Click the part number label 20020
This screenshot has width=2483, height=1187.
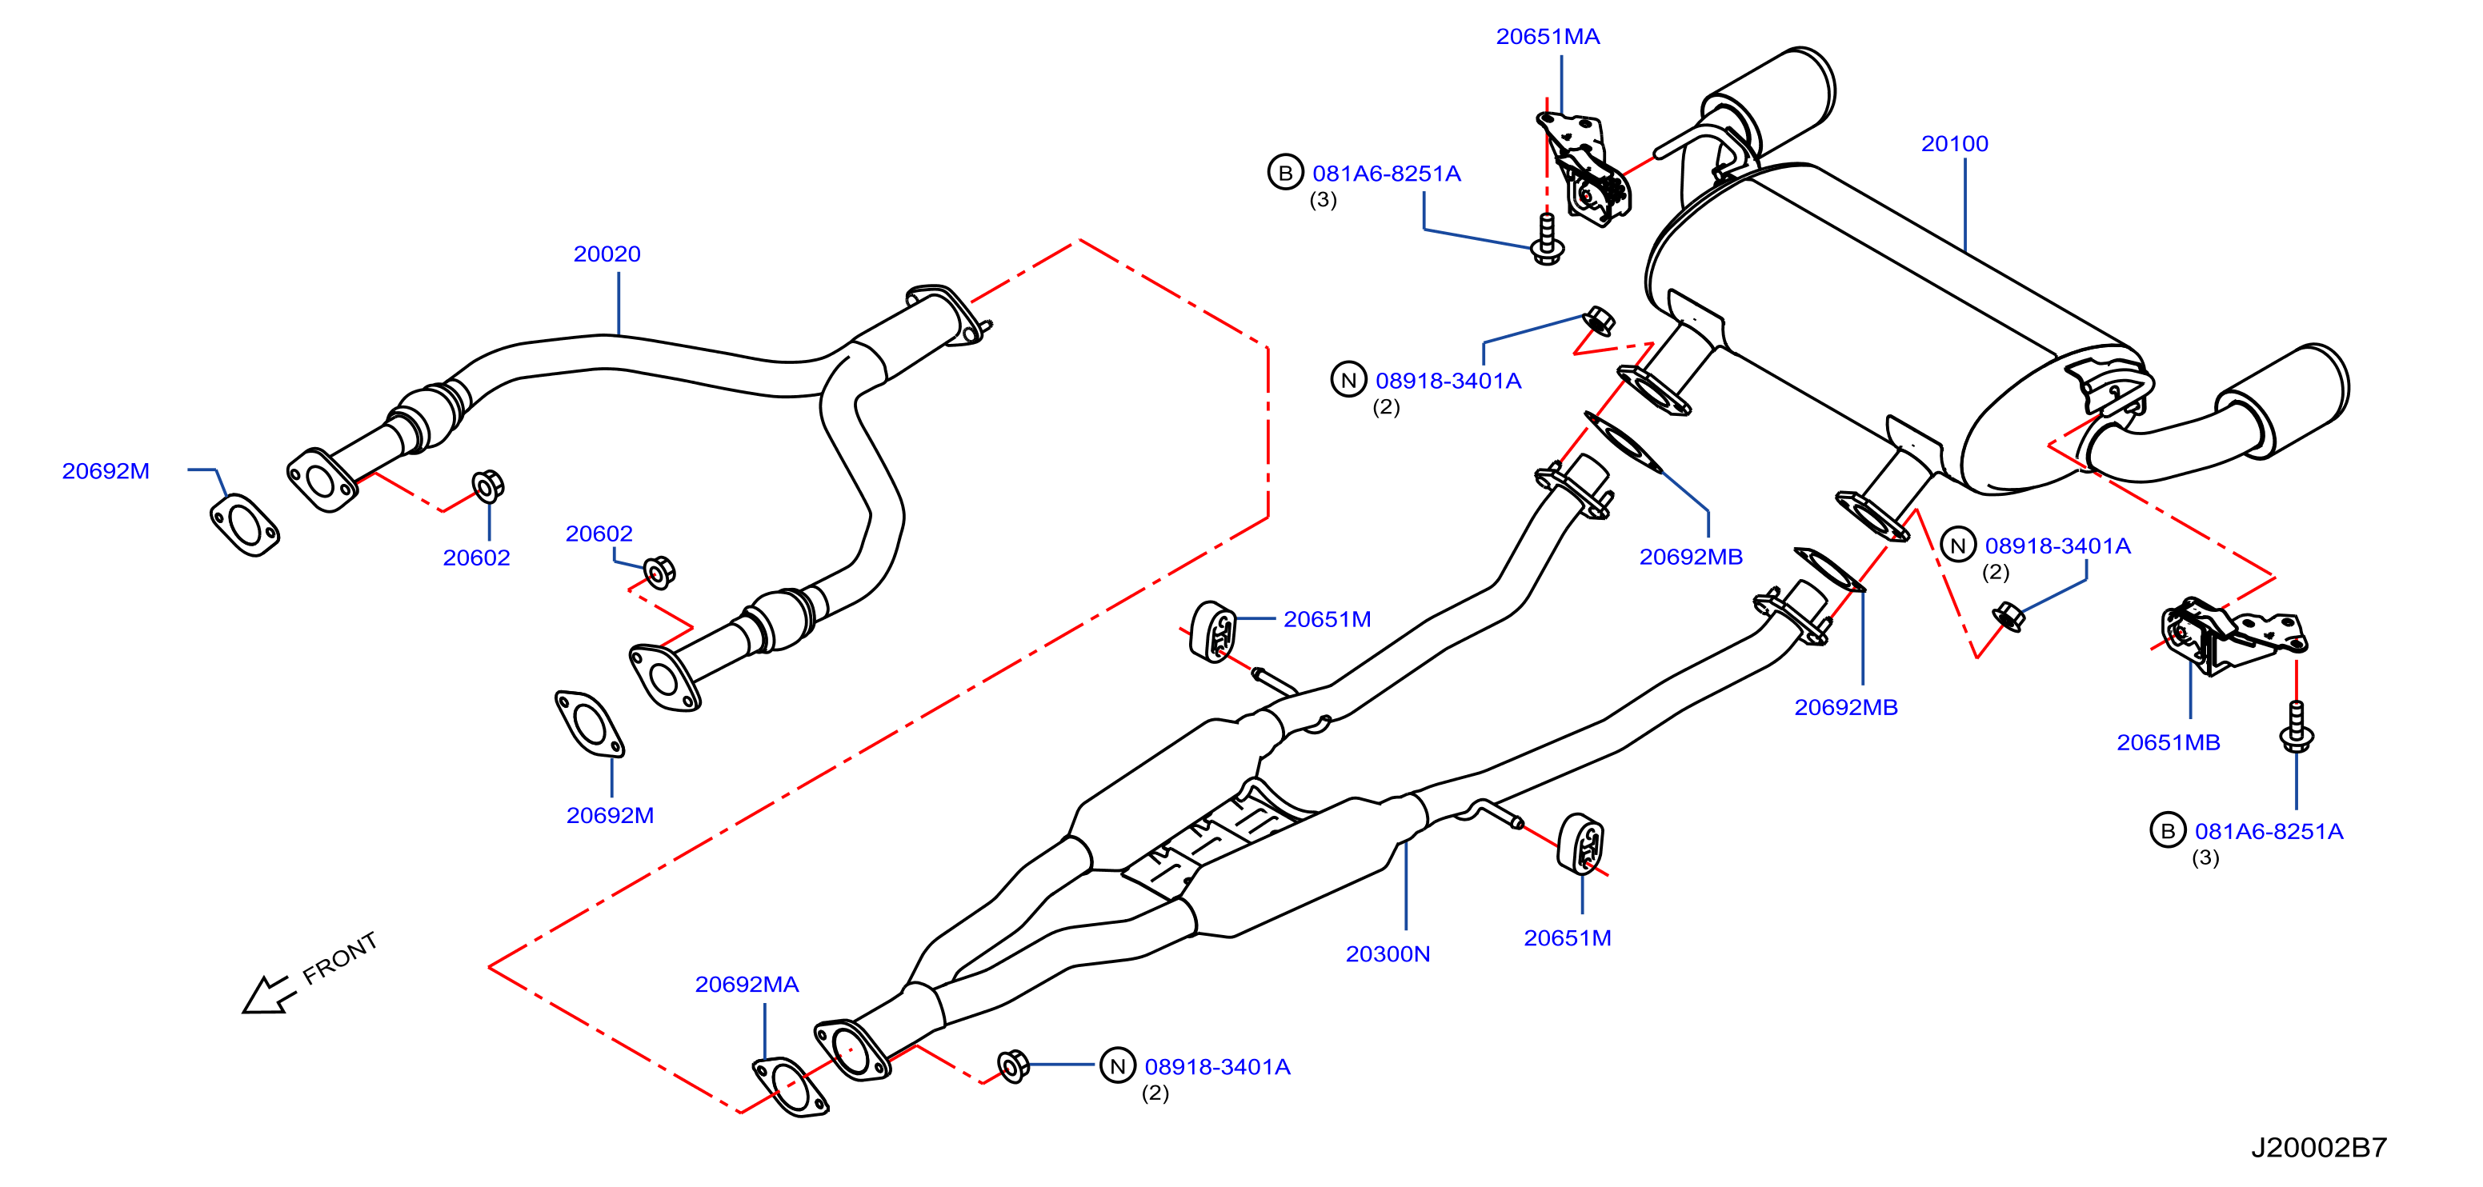pos(607,254)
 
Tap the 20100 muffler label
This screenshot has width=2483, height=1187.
pos(1954,143)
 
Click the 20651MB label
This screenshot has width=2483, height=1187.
pos(2168,743)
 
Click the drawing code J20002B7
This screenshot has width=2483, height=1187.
pos(2318,1148)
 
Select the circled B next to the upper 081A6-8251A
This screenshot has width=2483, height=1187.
pos(1285,173)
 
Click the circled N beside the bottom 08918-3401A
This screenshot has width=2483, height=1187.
pos(1117,1066)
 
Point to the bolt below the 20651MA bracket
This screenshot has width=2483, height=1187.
pos(1547,240)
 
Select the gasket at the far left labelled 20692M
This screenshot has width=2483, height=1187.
pos(245,525)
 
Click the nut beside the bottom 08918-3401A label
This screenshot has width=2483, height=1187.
pos(1013,1065)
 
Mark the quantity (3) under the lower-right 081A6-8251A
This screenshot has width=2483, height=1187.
pos(2205,857)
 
